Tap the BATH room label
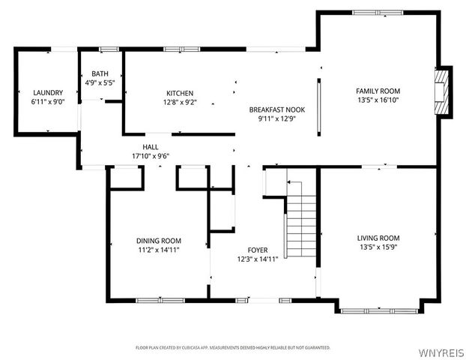(x=100, y=73)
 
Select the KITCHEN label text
(x=180, y=93)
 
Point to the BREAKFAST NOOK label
(x=277, y=109)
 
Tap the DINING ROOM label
(x=157, y=241)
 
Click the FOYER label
(x=258, y=250)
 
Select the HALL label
(x=151, y=147)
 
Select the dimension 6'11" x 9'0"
(x=48, y=101)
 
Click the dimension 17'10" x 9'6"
(x=151, y=156)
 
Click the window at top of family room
(x=377, y=12)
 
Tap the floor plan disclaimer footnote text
(x=233, y=348)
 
